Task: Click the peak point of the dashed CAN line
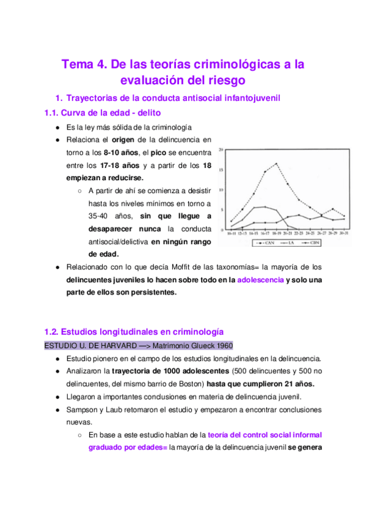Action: click(277, 163)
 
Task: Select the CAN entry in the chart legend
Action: click(266, 243)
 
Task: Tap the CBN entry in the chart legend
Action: click(313, 243)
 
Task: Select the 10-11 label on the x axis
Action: click(232, 233)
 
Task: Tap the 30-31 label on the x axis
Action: click(345, 233)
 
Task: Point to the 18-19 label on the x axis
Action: click(277, 233)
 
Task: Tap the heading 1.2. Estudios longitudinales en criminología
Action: click(134, 332)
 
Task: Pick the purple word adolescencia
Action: click(260, 280)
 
